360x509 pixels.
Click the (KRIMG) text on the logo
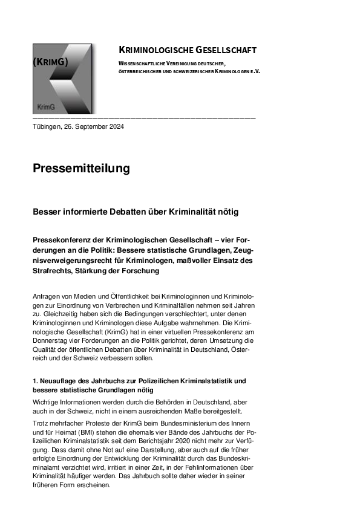50,62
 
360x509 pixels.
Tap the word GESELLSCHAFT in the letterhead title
226,50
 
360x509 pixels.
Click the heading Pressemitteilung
81,168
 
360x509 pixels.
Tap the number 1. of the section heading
36,381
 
